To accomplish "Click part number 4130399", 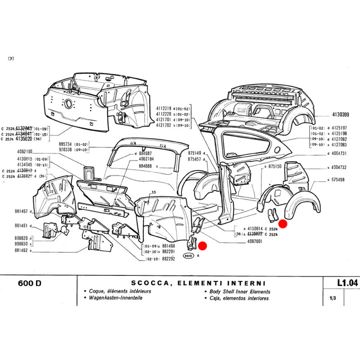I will coord(341,114).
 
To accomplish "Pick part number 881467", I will coord(21,211).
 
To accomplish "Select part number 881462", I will coord(21,251).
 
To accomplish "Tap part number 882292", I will coord(169,259).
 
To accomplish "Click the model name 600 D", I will coord(32,283).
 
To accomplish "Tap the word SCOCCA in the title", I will coord(150,283).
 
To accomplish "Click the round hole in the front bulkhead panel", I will coord(69,103).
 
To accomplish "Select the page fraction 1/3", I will coord(333,298).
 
